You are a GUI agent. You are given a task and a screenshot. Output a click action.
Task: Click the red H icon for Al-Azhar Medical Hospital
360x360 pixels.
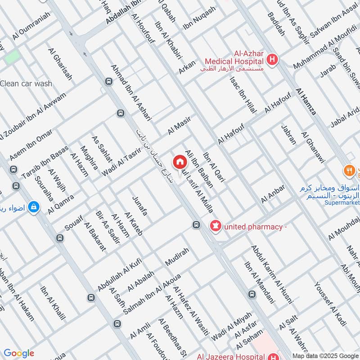[272, 59]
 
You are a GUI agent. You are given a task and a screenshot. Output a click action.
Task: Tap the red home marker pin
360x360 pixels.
[180, 162]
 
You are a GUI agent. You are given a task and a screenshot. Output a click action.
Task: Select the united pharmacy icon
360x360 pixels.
[216, 226]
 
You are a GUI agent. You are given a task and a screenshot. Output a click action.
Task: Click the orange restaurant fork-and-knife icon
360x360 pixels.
[349, 171]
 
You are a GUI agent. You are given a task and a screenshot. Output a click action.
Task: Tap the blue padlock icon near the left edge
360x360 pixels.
[33, 207]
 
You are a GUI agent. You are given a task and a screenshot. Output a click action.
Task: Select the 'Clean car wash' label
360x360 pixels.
[26, 83]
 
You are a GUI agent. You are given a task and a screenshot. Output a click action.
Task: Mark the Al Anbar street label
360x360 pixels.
[273, 193]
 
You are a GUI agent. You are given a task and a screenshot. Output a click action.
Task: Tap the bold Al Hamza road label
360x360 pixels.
[306, 101]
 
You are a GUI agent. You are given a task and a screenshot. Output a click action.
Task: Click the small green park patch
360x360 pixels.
[12, 57]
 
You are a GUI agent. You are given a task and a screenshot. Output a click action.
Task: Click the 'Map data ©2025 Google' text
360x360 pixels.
[324, 355]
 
